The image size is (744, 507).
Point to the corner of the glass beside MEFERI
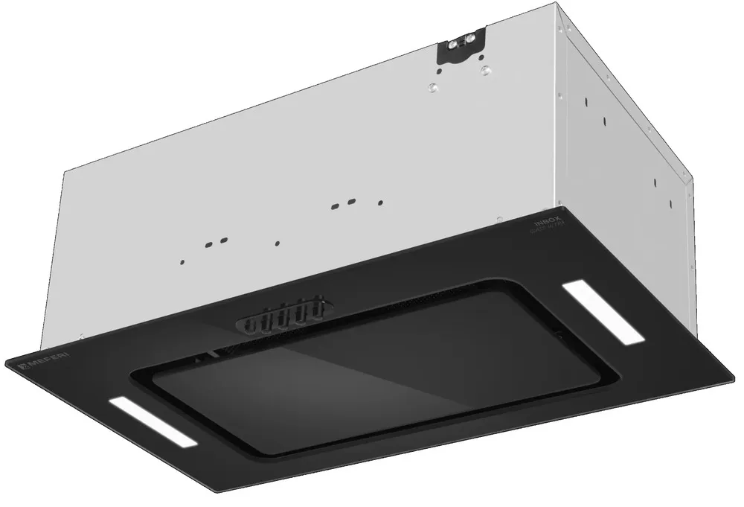coord(7,363)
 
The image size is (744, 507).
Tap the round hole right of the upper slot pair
coord(380,202)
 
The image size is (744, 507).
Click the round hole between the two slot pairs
coord(277,243)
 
